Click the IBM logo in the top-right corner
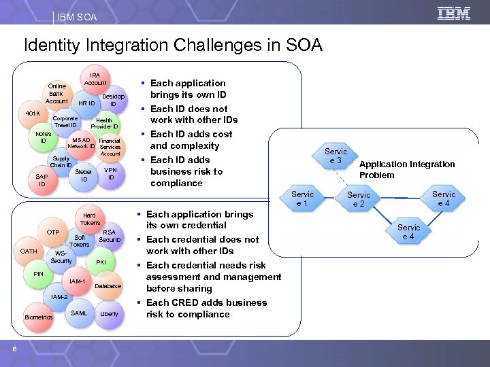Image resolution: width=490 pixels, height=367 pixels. click(x=455, y=12)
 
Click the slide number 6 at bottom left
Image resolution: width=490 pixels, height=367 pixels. click(x=14, y=349)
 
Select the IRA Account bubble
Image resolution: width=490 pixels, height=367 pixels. click(x=95, y=78)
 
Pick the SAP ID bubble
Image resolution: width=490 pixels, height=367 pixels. click(x=42, y=180)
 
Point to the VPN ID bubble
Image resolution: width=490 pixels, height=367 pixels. click(x=111, y=173)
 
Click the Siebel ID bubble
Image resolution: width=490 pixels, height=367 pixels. click(x=84, y=175)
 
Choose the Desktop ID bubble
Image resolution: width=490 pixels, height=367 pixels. click(x=113, y=100)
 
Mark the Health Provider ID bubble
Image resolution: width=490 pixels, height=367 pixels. click(x=105, y=123)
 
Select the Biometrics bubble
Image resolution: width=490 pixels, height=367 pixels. click(x=38, y=317)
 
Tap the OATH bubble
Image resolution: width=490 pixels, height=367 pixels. click(x=29, y=251)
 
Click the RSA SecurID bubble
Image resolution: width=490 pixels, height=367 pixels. click(x=109, y=236)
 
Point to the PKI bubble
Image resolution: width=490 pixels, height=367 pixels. click(x=101, y=262)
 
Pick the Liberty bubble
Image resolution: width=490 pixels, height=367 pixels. click(x=109, y=313)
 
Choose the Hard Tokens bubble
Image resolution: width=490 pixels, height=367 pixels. click(x=90, y=218)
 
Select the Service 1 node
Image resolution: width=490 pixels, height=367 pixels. click(x=303, y=198)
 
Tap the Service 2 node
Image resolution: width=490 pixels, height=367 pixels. click(x=359, y=199)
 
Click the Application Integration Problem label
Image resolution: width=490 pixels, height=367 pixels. click(x=407, y=169)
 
